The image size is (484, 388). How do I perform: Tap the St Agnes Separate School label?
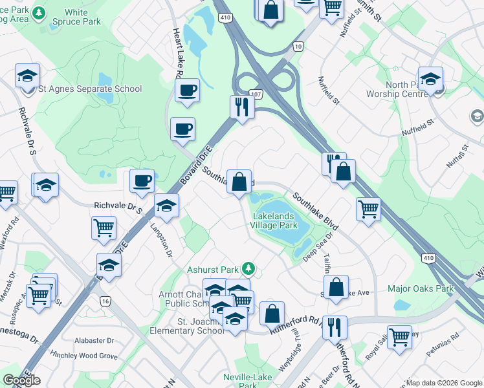click(x=90, y=89)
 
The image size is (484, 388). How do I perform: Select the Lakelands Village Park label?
click(x=275, y=221)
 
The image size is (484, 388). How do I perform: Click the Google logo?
click(x=21, y=380)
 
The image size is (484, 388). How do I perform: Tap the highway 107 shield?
click(x=256, y=94)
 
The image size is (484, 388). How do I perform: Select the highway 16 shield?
click(x=105, y=301)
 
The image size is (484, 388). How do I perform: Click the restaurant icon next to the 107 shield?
click(x=242, y=106)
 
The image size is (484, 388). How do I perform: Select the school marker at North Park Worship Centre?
click(x=430, y=79)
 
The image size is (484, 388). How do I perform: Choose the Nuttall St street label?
click(x=457, y=156)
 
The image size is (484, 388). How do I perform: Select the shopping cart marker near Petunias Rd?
click(x=399, y=336)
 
